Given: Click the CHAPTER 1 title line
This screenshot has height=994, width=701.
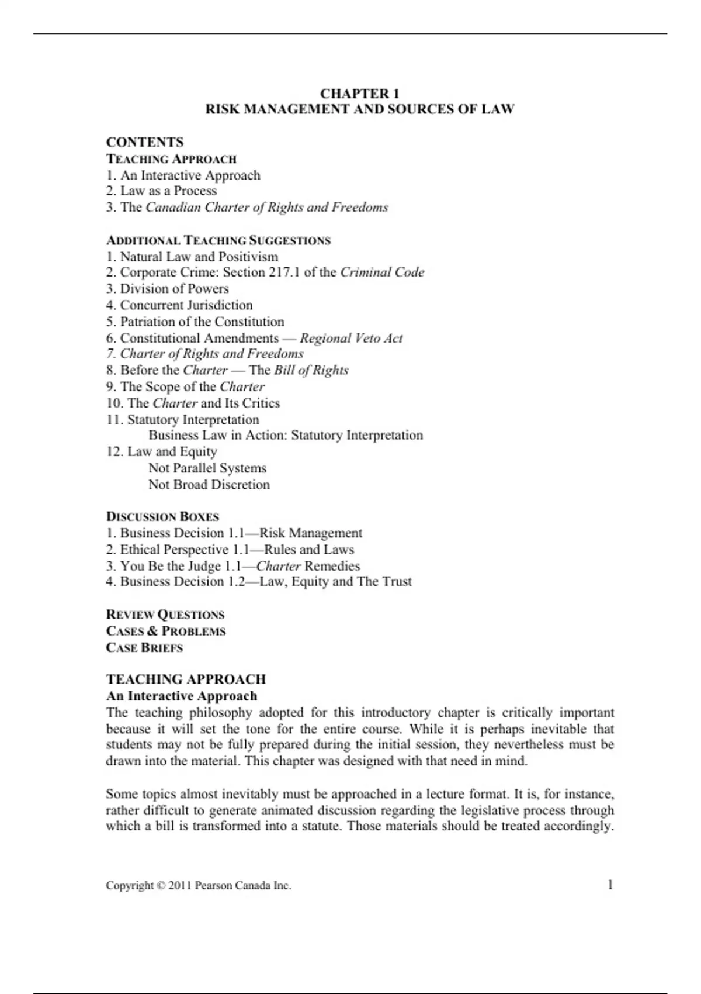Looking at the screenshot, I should point(359,94).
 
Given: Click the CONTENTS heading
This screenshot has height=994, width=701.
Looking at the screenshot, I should point(144,142).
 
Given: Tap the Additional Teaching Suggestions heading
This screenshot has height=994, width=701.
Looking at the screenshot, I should point(218,240).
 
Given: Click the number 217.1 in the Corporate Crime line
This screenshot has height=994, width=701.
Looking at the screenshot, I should point(284,272).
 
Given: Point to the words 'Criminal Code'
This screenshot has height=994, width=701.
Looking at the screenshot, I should point(382,272).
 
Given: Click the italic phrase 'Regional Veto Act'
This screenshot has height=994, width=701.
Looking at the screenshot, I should point(351,338).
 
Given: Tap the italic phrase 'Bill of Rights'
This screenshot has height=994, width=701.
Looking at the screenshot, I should point(311,370).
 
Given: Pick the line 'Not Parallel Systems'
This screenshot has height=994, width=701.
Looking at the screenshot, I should point(207,468).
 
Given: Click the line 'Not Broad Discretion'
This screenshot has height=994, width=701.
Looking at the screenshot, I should point(209,484).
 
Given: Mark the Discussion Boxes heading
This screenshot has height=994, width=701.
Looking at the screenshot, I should point(162,517).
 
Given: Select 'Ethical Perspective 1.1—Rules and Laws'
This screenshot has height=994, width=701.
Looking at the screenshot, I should point(230,550).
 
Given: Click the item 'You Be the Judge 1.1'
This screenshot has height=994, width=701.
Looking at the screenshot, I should point(179,566).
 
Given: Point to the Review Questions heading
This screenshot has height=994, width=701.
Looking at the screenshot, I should point(165,615).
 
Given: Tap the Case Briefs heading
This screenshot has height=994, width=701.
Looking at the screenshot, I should point(144,647).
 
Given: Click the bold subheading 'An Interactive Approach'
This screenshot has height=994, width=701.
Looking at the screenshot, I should point(182,696).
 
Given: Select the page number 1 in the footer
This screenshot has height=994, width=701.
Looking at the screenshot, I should point(610,885).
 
